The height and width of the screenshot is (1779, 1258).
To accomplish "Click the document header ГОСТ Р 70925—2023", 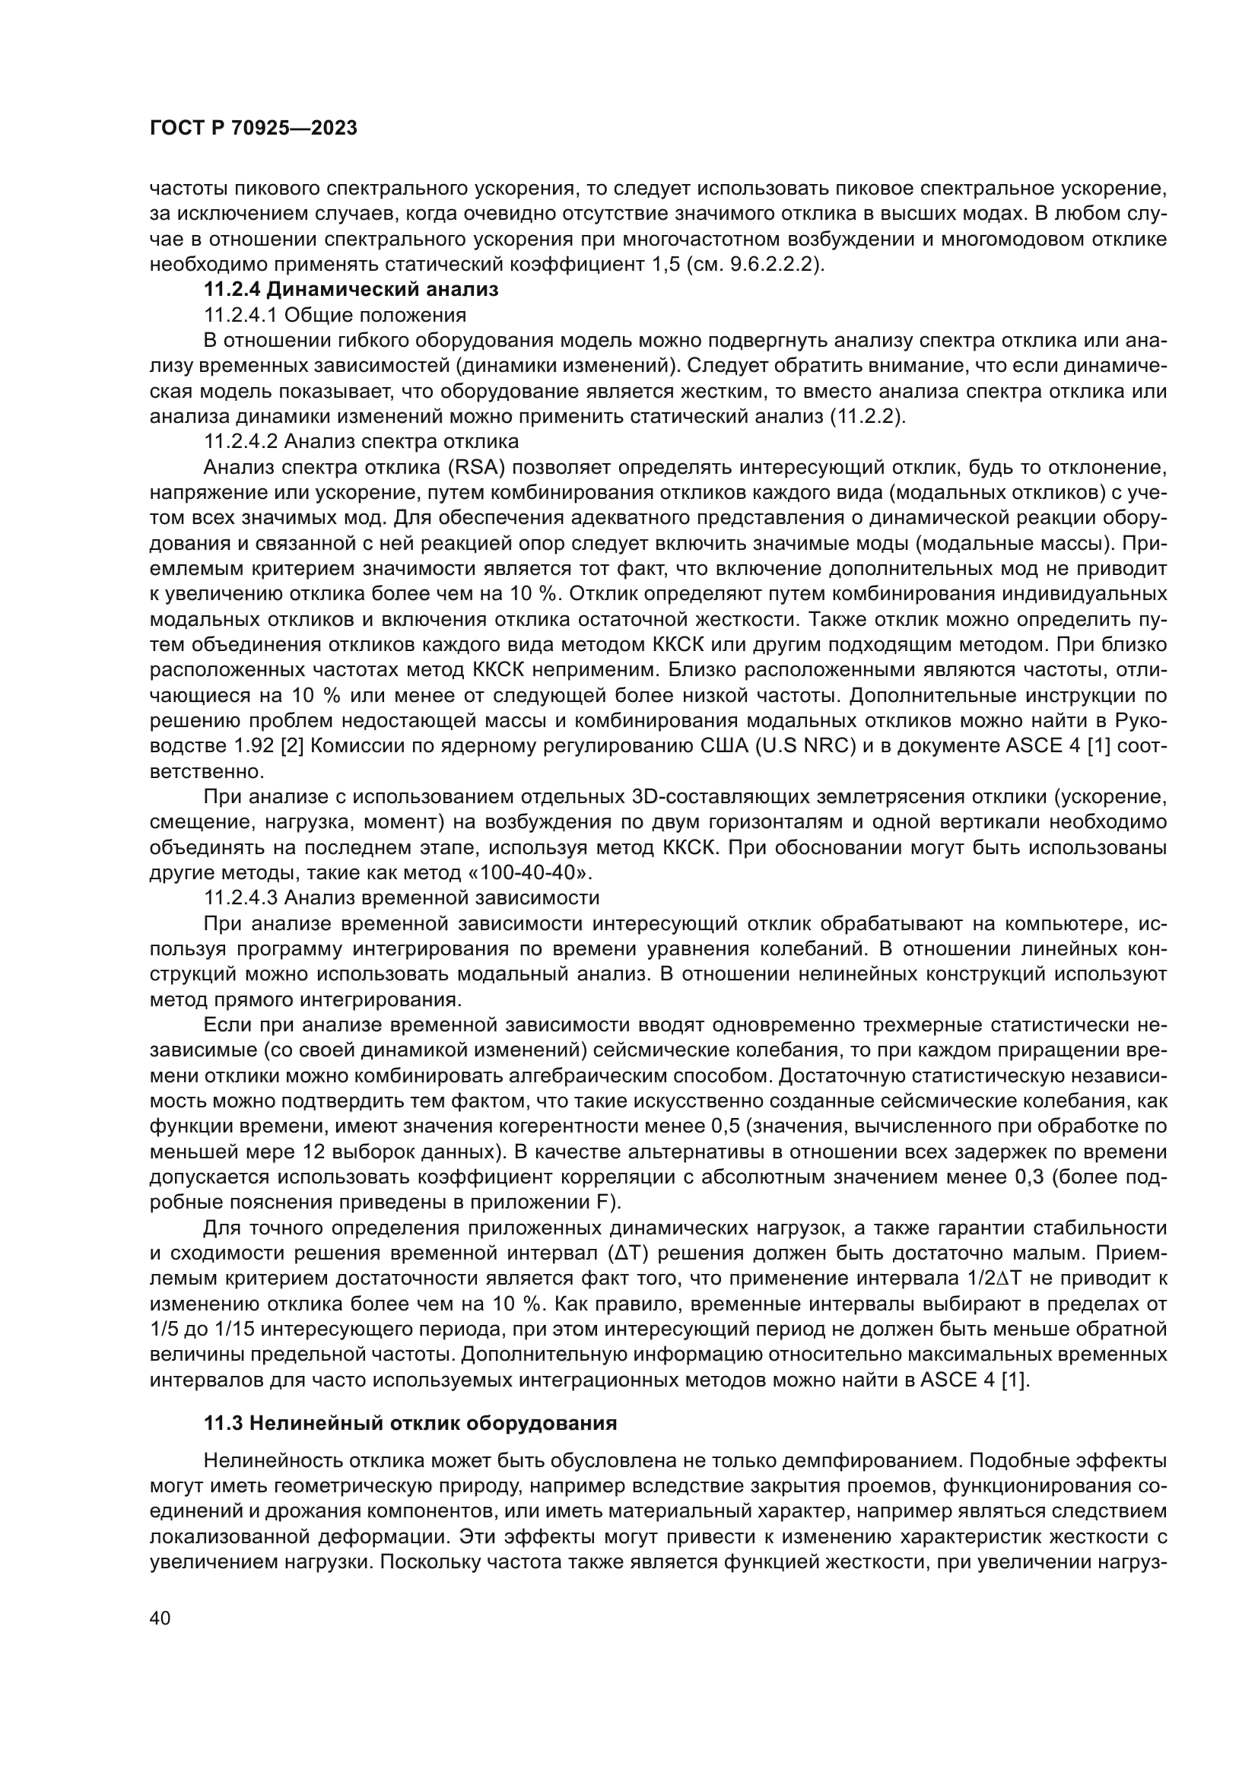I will [x=253, y=129].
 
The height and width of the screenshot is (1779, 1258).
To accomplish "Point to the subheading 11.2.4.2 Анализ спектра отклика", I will [x=361, y=442].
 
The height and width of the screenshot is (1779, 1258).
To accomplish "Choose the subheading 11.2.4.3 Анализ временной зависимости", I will [x=402, y=898].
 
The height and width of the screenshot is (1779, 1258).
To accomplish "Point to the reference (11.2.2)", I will [x=867, y=417].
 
